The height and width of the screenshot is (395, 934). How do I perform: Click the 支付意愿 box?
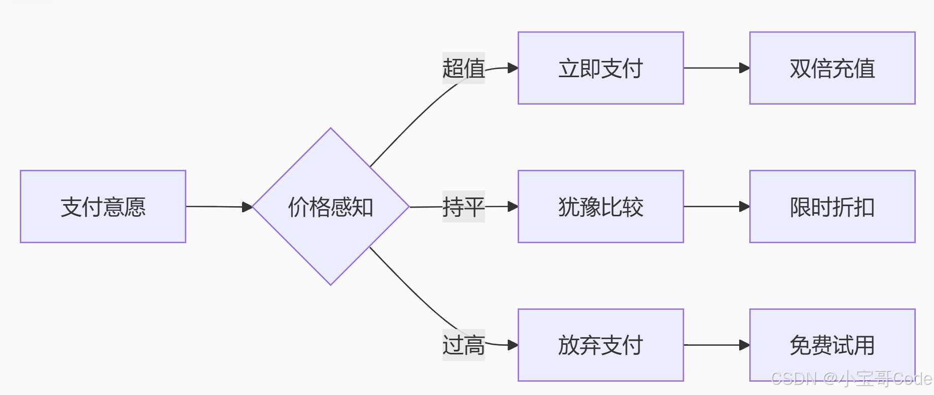coord(103,207)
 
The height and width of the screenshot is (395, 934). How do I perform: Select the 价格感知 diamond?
coord(331,207)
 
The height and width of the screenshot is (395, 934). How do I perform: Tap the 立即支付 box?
coord(601,68)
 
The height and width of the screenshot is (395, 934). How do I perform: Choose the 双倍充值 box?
coord(832,68)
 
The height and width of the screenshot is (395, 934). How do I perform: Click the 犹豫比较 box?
coord(601,207)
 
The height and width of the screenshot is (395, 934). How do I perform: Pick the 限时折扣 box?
coord(832,207)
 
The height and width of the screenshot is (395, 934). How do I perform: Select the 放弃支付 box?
coord(601,345)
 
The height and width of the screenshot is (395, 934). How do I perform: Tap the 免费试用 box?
coord(832,345)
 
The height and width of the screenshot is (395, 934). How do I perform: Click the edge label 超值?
coord(463,68)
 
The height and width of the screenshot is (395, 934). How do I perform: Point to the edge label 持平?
coord(463,207)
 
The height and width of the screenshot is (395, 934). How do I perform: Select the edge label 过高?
coord(463,345)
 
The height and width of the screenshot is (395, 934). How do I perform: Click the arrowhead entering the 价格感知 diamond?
coord(248,207)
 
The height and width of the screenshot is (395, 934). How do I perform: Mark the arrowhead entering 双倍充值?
coord(744,68)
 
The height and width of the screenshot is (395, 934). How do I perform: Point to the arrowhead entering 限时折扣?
coord(744,207)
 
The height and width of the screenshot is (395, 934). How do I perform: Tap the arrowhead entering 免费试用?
coord(744,345)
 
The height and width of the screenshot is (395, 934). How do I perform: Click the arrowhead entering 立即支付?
coord(513,68)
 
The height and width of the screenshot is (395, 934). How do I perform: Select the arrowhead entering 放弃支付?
coord(513,345)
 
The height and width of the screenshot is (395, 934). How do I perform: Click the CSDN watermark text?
coord(851,379)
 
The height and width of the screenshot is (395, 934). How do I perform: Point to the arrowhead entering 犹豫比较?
coord(513,207)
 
